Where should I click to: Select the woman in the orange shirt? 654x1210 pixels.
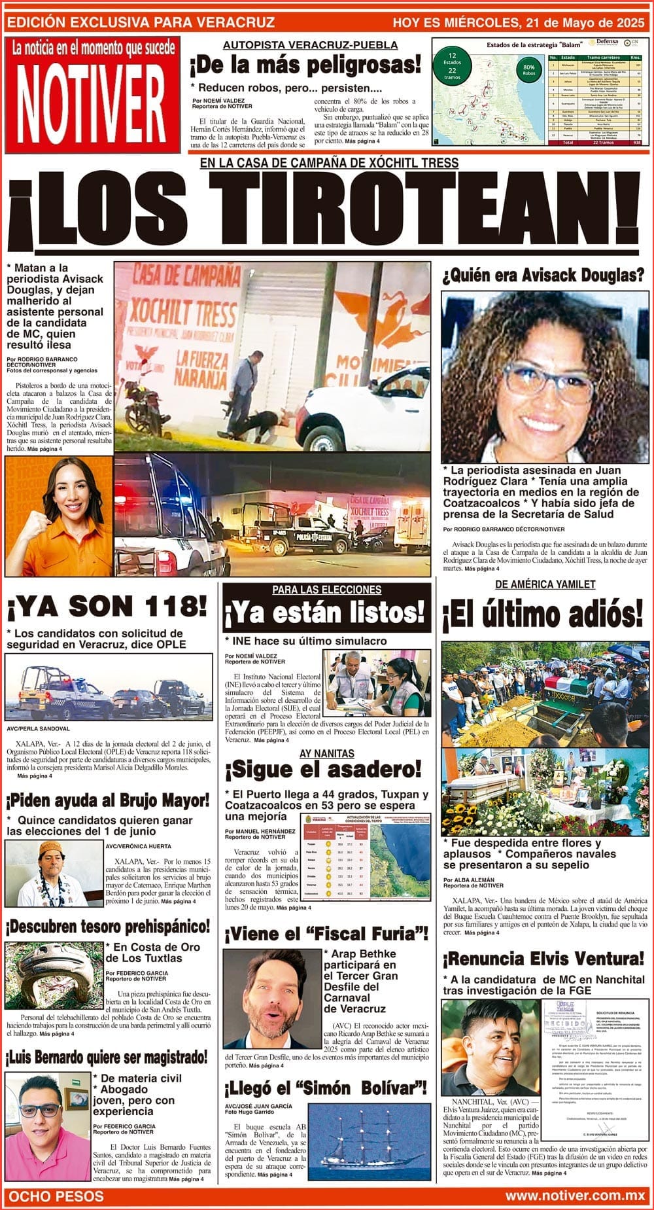click(x=58, y=516)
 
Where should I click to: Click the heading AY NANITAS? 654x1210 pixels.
click(x=326, y=754)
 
